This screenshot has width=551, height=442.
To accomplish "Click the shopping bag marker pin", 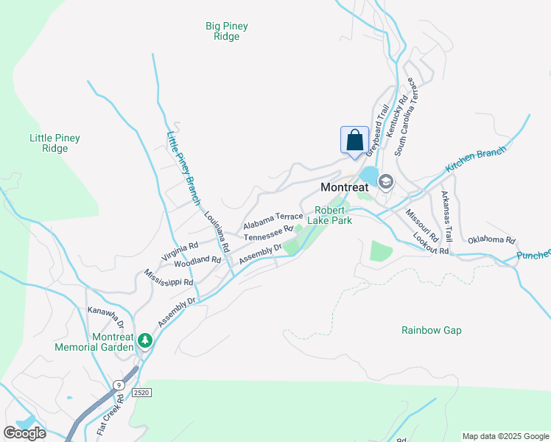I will click(354, 140).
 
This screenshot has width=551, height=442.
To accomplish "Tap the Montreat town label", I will click(344, 187).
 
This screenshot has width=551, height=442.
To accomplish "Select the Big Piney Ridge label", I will click(226, 31).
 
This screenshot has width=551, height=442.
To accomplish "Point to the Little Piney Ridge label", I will click(55, 143).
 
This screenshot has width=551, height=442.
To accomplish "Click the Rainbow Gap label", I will click(432, 330).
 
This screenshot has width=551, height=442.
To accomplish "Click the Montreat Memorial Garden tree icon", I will click(146, 341).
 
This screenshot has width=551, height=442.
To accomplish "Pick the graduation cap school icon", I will click(385, 181).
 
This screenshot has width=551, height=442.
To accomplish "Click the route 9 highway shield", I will click(118, 385).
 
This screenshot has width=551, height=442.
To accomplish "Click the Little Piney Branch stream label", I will click(183, 168).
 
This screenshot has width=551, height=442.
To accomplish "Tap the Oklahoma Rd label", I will click(491, 240).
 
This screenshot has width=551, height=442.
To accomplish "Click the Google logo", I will click(24, 433).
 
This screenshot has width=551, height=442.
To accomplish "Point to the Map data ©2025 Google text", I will click(505, 436).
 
